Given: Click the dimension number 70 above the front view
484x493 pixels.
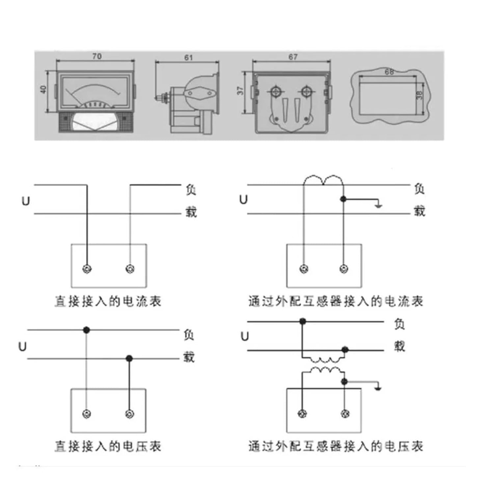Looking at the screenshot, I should click(96, 56).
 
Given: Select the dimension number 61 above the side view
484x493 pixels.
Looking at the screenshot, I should click(188, 58).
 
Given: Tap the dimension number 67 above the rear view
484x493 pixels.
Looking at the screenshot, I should click(293, 57).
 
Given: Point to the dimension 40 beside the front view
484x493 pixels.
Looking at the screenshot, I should click(43, 89).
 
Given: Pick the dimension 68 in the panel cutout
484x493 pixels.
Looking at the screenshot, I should click(389, 71).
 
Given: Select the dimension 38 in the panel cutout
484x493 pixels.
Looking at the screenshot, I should click(419, 95).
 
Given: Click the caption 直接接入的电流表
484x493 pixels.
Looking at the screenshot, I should click(108, 301).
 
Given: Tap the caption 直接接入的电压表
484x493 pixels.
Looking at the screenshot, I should click(108, 446).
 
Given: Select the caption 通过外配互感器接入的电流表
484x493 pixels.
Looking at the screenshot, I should click(336, 301).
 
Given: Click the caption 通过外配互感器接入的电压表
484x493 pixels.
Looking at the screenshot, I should click(336, 446).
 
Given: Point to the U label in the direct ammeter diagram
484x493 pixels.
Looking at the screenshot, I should click(25, 201).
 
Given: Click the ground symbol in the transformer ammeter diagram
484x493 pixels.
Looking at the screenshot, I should click(379, 206).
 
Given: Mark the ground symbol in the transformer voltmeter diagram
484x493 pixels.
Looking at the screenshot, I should click(379, 388).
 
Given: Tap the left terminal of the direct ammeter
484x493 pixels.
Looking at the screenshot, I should click(87, 269).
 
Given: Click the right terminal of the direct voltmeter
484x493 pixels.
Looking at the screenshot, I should click(130, 414).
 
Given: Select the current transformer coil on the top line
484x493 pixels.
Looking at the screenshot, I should click(323, 180).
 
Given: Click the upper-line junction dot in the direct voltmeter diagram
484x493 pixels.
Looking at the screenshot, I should click(86, 330).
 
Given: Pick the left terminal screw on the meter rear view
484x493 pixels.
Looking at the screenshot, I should click(276, 91).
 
